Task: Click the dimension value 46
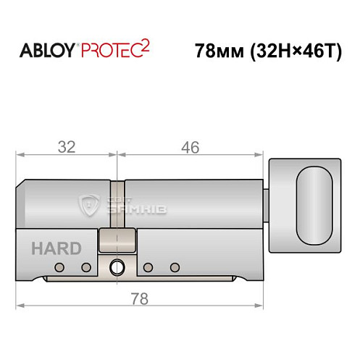tap(190, 147)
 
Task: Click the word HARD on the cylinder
tap(56, 248)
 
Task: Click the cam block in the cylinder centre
tap(116, 243)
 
